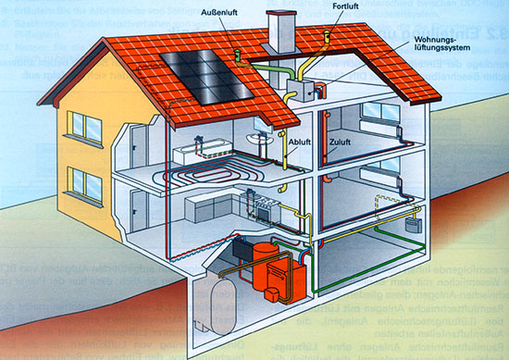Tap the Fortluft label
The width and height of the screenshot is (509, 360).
[346, 8]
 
